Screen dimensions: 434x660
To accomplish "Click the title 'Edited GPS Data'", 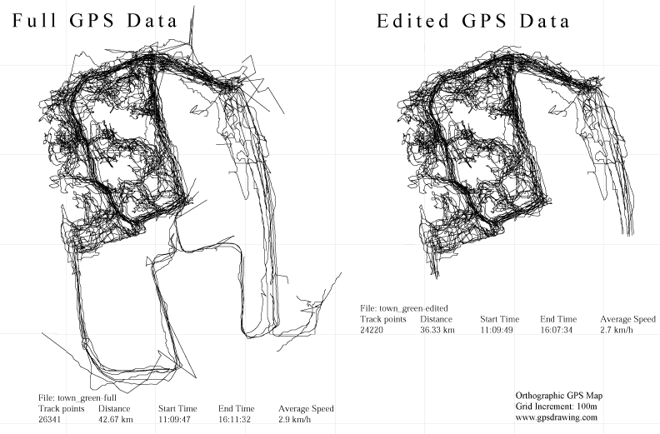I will click(x=473, y=22).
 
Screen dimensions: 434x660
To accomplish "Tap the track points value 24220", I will click(x=374, y=330).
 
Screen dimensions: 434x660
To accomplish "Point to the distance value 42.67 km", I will click(x=116, y=420).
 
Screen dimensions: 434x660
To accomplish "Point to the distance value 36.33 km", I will click(x=437, y=330).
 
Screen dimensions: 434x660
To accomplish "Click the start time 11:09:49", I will click(x=498, y=330).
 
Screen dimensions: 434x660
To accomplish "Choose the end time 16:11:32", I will click(x=237, y=420).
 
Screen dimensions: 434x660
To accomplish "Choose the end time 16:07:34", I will click(x=558, y=330).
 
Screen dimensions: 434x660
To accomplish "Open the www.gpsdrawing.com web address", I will click(x=557, y=418).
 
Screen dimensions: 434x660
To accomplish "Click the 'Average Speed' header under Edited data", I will click(x=627, y=319).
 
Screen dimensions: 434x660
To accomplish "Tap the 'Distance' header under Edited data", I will click(x=437, y=319).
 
